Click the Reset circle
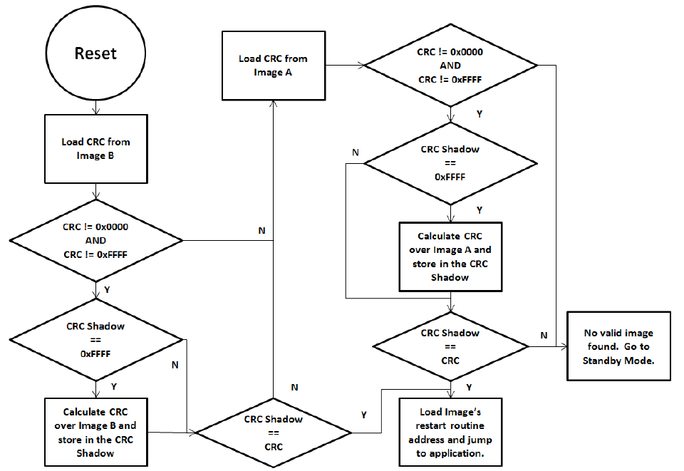tap(95, 53)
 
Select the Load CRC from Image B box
tap(96, 149)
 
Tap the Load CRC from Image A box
tap(274, 66)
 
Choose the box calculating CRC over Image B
tap(96, 433)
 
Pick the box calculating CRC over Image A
tap(450, 257)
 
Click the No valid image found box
tap(618, 346)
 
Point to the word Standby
tap(602, 361)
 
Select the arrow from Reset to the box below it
tap(96, 108)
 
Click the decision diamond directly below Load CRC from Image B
tap(96, 240)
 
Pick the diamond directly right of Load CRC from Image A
tap(450, 66)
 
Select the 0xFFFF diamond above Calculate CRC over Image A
tap(450, 164)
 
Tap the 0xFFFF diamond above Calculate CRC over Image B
tap(96, 340)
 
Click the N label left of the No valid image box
tap(544, 336)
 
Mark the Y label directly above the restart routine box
tap(469, 387)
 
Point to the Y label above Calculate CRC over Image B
tap(114, 386)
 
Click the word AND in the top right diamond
tap(450, 66)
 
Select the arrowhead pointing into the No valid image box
tap(564, 346)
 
